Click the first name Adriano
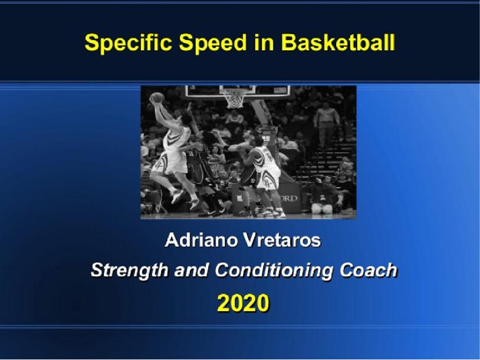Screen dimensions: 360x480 [x=198, y=241]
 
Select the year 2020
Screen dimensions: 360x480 [x=243, y=302]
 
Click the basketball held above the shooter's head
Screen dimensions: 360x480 [x=157, y=98]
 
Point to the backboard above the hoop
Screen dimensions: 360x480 [x=236, y=89]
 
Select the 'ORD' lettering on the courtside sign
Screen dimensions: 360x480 [x=288, y=199]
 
